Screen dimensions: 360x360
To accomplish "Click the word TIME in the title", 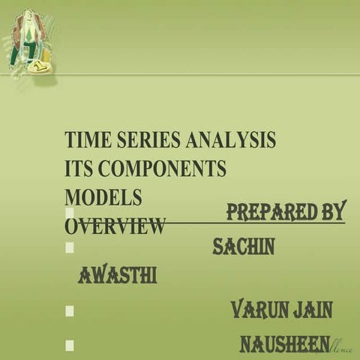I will (x=85, y=141).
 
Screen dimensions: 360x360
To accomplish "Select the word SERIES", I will (x=144, y=141).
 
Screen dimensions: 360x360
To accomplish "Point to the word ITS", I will (x=78, y=169).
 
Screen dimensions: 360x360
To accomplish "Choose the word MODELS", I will (x=103, y=197).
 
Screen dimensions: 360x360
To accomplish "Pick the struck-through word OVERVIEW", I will (x=115, y=226).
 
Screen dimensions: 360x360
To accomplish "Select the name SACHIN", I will (x=243, y=245).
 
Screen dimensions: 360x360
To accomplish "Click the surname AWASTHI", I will (x=117, y=276).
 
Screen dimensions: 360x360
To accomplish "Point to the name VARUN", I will (x=259, y=309).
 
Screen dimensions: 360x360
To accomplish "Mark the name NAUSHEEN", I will (x=284, y=344).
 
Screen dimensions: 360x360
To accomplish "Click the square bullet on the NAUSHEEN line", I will (x=70, y=345).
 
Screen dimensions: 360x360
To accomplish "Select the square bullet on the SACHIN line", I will (x=70, y=246).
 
